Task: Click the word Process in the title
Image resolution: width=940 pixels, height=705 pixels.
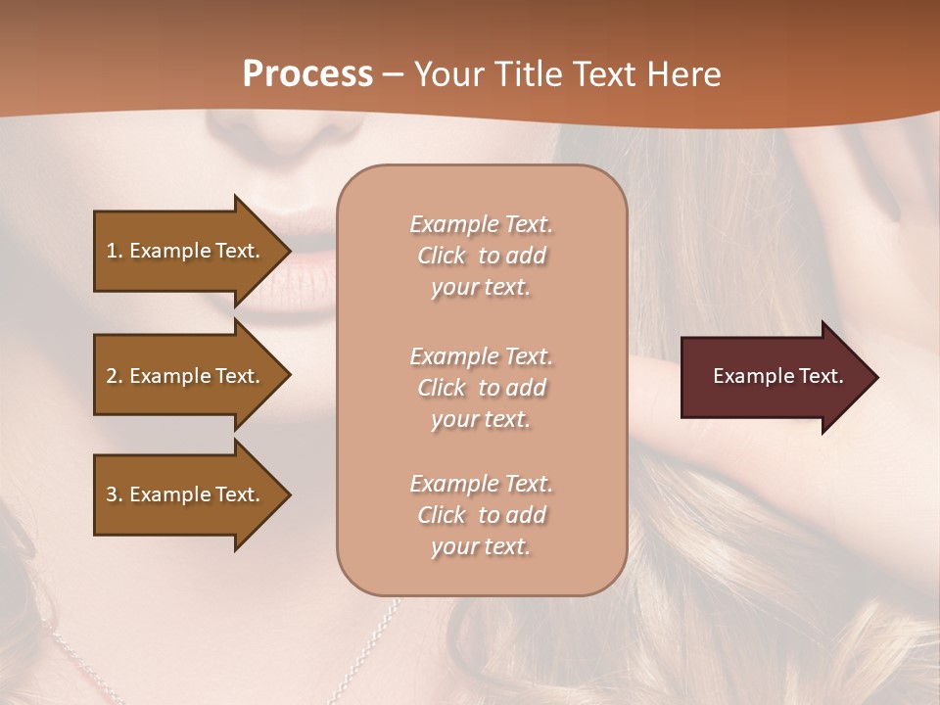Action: [x=307, y=73]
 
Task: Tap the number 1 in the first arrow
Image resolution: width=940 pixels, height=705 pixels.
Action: [x=112, y=251]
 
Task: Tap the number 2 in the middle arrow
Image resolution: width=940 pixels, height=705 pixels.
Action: [x=112, y=376]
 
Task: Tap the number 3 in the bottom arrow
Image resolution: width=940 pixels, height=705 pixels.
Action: [x=112, y=494]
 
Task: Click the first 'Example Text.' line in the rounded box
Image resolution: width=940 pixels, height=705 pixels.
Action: [x=481, y=224]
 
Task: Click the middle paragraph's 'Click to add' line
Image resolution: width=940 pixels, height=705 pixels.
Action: [x=481, y=388]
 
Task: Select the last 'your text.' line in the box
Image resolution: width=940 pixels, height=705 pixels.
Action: [x=481, y=546]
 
